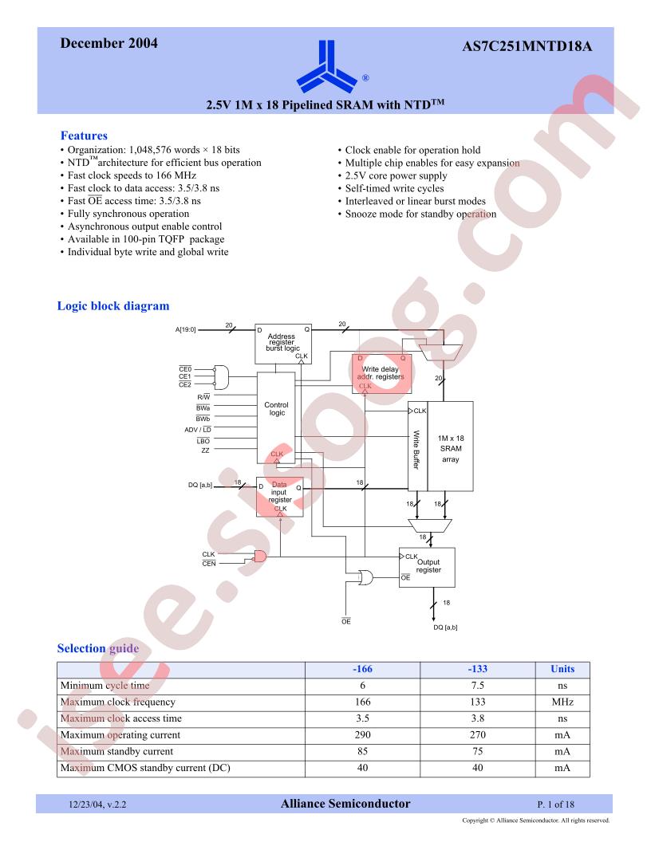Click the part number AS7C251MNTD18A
[527, 46]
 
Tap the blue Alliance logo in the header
[326, 66]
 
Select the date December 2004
[109, 43]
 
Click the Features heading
[84, 136]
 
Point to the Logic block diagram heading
[113, 306]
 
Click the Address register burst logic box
[283, 344]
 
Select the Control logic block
[276, 418]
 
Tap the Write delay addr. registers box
[381, 374]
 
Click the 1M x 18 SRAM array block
[450, 447]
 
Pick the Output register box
[427, 568]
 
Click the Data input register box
[280, 498]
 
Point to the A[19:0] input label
[186, 330]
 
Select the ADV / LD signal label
[198, 430]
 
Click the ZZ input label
[205, 451]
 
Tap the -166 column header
[362, 669]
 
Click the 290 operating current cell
[362, 735]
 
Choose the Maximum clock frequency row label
[118, 702]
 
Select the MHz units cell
[562, 702]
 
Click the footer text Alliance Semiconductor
[345, 804]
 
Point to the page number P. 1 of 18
[555, 805]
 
